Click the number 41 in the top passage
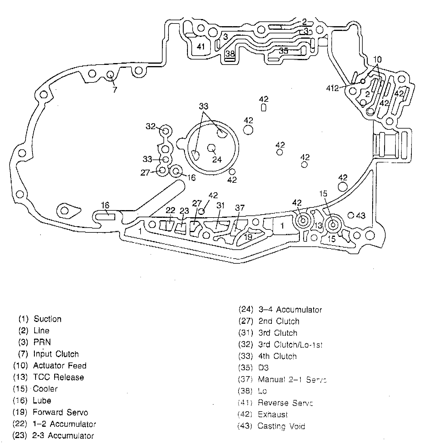point(201,47)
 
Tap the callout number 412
point(332,88)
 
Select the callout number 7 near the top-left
point(115,89)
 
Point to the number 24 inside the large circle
point(217,160)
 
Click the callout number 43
point(361,215)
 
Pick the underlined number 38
point(230,54)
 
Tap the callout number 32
point(151,126)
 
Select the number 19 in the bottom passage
point(248,237)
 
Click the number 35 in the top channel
point(283,51)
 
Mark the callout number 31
point(220,205)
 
